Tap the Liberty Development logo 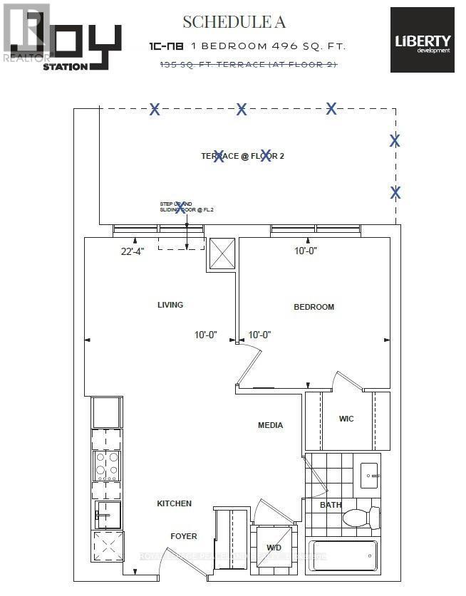(422, 40)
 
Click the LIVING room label (170, 305)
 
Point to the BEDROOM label (314, 307)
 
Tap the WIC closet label (346, 419)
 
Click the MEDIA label (270, 425)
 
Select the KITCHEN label (175, 503)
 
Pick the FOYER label (183, 536)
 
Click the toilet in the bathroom (360, 516)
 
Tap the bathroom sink (370, 475)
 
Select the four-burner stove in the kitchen (106, 466)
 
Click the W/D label (274, 548)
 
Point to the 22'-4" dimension (132, 251)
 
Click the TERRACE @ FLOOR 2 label (242, 156)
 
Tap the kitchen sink (106, 513)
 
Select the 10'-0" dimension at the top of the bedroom (306, 251)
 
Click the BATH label (331, 505)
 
